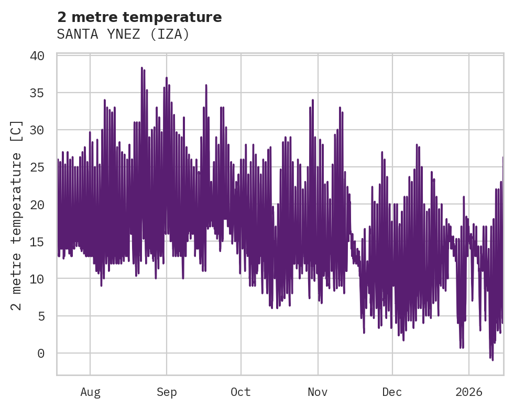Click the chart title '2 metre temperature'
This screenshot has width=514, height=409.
[139, 17]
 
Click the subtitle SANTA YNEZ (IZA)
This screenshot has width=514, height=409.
[123, 34]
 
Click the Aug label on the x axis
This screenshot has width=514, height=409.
[90, 392]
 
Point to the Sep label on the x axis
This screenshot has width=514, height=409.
[167, 392]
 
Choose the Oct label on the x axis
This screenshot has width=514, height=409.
[240, 392]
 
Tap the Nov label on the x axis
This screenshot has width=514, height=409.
[318, 392]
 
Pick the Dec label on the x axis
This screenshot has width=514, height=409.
[392, 392]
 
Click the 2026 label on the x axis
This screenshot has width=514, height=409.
[469, 392]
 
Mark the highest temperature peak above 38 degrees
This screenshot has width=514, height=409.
[141, 68]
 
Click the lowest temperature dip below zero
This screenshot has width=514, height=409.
[492, 360]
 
